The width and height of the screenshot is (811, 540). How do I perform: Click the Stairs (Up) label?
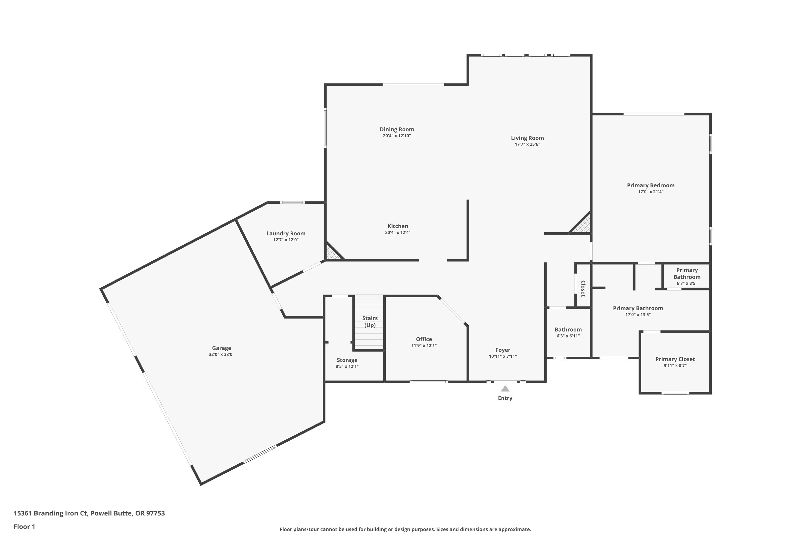(x=370, y=322)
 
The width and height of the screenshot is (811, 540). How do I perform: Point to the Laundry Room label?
(x=285, y=234)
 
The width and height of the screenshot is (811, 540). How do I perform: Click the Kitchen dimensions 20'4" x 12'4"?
(x=398, y=233)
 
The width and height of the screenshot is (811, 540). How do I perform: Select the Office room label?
(x=424, y=339)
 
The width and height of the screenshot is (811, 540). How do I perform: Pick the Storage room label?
(x=347, y=360)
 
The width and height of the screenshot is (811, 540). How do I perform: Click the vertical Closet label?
(x=583, y=289)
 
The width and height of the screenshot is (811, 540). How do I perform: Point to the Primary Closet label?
(x=675, y=359)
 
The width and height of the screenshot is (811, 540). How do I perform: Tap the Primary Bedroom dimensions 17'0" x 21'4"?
(x=650, y=192)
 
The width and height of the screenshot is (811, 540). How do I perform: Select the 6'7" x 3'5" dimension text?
(x=687, y=283)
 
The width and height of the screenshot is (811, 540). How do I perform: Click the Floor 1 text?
(x=24, y=526)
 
